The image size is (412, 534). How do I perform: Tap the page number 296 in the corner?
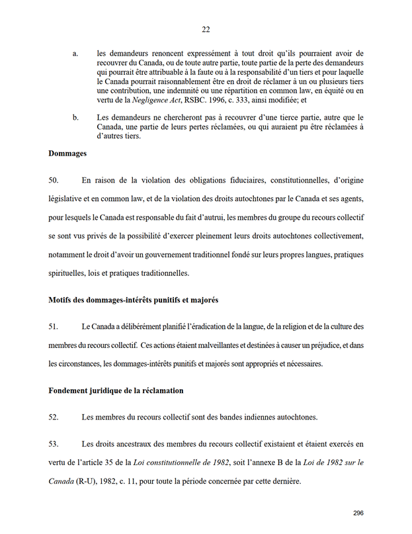pyautogui.click(x=358, y=513)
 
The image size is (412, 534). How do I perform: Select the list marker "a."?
pyautogui.click(x=75, y=52)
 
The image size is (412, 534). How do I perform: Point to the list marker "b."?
pyautogui.click(x=75, y=117)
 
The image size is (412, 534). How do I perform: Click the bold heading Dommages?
pyautogui.click(x=69, y=154)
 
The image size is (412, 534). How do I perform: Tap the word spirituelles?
pyautogui.click(x=71, y=272)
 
